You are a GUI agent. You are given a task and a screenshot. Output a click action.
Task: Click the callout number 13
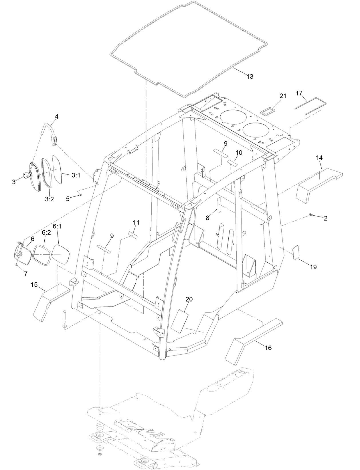(x=250, y=76)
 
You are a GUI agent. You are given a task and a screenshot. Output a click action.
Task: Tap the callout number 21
(x=283, y=96)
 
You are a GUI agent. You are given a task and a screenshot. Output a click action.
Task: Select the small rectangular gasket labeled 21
(x=268, y=111)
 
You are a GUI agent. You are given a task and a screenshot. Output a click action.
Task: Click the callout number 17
(x=299, y=93)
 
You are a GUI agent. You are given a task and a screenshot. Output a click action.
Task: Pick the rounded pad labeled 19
(x=296, y=252)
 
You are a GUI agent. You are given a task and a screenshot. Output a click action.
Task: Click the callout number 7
(x=25, y=274)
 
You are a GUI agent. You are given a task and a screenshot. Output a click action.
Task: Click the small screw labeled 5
(x=81, y=195)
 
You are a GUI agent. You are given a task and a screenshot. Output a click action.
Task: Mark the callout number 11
(x=136, y=222)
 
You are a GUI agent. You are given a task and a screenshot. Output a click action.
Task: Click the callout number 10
(x=239, y=153)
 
